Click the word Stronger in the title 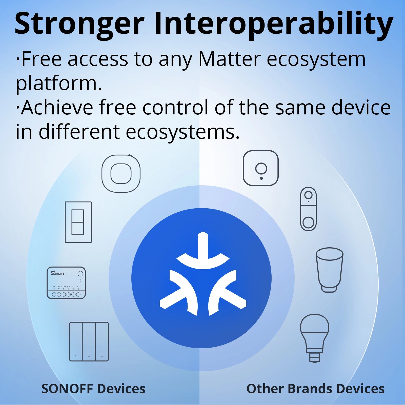coord(79,24)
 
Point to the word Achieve coord(57,108)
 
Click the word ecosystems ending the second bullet coord(182,132)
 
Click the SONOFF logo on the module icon coord(58,273)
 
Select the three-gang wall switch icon coord(89,341)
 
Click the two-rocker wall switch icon coord(78,222)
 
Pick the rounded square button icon coord(121,173)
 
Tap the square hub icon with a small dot coord(260,168)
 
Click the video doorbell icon coord(308,209)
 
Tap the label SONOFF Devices coord(93,389)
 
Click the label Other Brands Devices coord(315,389)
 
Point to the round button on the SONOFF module coord(80,274)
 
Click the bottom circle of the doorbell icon coord(308,223)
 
